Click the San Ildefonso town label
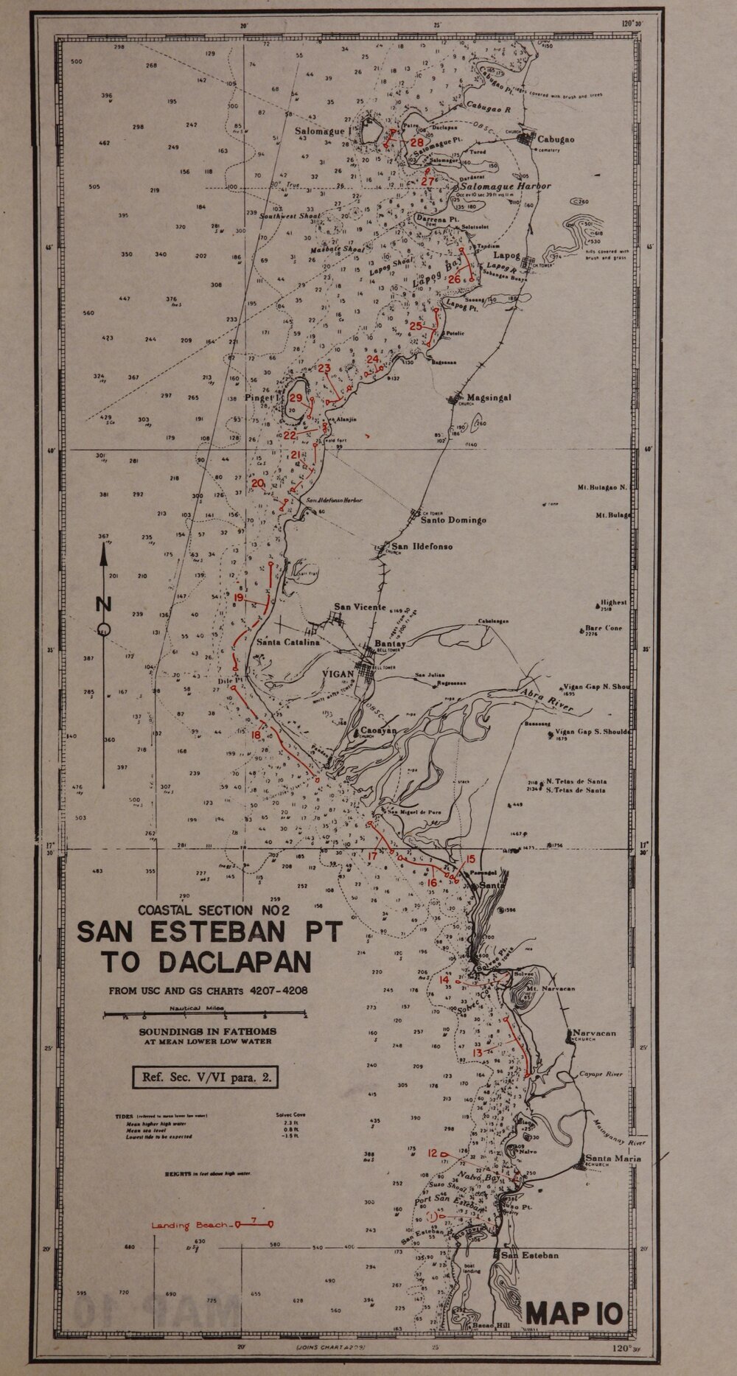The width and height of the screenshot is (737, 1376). tap(422, 547)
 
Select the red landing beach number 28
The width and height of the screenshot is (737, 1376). tap(418, 142)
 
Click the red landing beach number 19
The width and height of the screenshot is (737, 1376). tap(239, 597)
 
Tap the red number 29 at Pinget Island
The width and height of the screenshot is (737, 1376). tap(296, 398)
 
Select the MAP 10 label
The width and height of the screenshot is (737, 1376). tap(576, 1313)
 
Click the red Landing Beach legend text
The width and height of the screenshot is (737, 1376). tap(190, 1226)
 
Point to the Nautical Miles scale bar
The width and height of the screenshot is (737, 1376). tap(204, 1016)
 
